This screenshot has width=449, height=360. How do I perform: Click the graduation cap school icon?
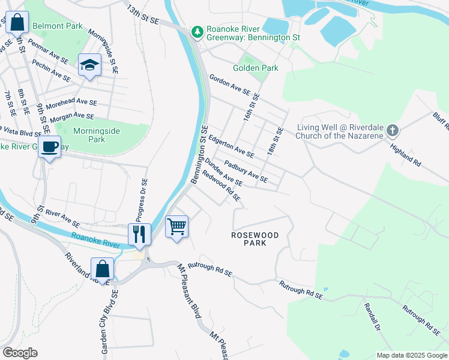(x=89, y=65)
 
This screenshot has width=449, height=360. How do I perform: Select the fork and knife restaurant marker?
(x=139, y=233)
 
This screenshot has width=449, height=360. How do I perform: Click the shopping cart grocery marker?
(x=176, y=227)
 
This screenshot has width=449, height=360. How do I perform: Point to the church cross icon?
(x=392, y=130)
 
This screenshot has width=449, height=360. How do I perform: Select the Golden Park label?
(x=259, y=68)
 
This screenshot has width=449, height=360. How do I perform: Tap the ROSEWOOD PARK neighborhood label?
(x=256, y=239)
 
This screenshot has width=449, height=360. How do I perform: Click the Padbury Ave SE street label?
(x=245, y=170)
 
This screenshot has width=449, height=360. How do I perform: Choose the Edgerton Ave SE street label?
(x=231, y=146)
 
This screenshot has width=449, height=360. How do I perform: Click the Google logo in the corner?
(x=19, y=353)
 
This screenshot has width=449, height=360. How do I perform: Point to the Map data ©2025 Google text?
(x=411, y=355)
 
